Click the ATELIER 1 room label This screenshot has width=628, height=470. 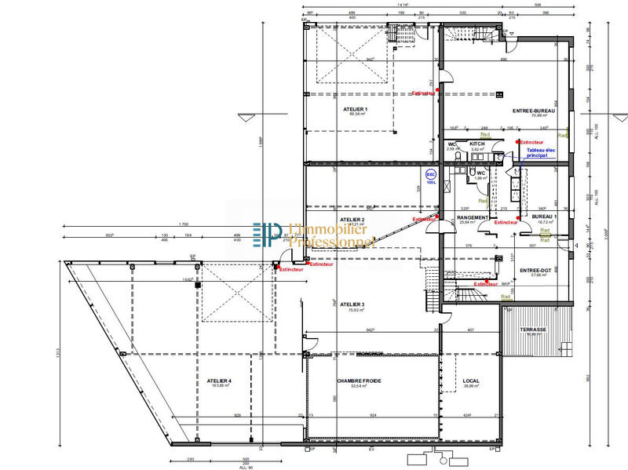pyautogui.click(x=354, y=109)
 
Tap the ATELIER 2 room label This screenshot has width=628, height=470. pyautogui.click(x=352, y=219)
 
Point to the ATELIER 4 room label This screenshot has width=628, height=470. pyautogui.click(x=219, y=381)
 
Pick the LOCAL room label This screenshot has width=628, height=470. pyautogui.click(x=471, y=381)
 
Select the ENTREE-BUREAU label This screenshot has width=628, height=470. pyautogui.click(x=534, y=111)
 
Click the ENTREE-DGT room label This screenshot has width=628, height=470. pyautogui.click(x=537, y=271)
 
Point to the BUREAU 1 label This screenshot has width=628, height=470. pyautogui.click(x=544, y=217)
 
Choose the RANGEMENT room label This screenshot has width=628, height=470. pyautogui.click(x=473, y=217)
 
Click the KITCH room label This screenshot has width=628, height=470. pyautogui.click(x=476, y=144)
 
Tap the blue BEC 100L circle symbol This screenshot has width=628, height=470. pyautogui.click(x=430, y=175)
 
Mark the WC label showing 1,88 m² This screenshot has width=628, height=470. pyautogui.click(x=481, y=173)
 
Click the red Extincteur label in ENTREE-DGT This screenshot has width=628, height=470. pyautogui.click(x=487, y=284)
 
